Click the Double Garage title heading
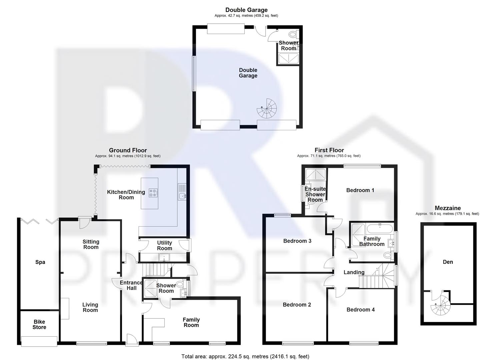click(x=246, y=10)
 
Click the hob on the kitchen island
click(x=153, y=193)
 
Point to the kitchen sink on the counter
click(x=182, y=196)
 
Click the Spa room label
click(x=40, y=262)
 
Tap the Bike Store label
click(x=39, y=324)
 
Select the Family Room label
click(x=191, y=322)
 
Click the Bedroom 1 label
click(x=360, y=190)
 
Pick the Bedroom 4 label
click(x=360, y=310)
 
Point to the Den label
click(x=448, y=262)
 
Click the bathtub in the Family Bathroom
click(x=380, y=229)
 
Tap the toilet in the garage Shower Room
click(x=293, y=34)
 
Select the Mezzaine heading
click(x=447, y=208)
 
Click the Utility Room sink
click(x=164, y=257)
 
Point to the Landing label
click(x=354, y=272)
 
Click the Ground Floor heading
click(x=128, y=150)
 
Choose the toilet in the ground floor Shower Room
click(x=180, y=284)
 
